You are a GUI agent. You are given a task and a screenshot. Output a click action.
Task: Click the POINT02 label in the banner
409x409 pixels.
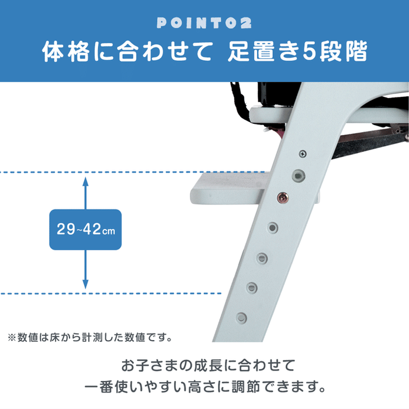coord(204,23)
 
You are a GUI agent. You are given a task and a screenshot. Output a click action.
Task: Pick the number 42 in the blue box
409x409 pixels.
coord(90,230)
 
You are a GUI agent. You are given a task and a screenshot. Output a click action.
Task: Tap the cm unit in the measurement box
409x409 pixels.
coord(109,231)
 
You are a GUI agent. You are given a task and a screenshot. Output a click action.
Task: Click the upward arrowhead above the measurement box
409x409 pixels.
coord(85,182)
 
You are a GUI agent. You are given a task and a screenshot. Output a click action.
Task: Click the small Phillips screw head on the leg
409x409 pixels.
coord(303,153)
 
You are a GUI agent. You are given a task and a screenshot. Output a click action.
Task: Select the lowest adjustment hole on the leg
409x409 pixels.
coord(241,317)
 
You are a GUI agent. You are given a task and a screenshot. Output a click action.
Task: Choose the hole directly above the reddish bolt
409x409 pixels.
coord(299,174)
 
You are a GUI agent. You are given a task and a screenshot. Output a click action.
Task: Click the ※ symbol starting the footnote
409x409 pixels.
coord(11,337)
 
